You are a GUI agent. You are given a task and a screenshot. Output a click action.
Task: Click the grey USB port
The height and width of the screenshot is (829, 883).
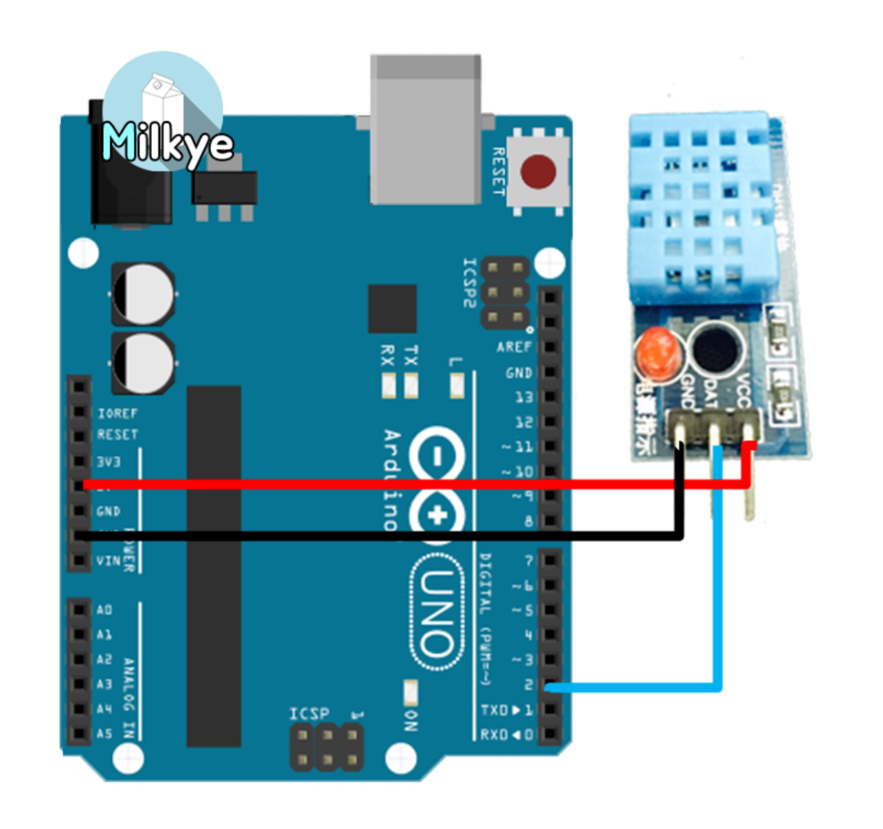click(x=426, y=130)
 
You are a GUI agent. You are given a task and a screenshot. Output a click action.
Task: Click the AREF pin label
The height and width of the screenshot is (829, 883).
click(x=514, y=347)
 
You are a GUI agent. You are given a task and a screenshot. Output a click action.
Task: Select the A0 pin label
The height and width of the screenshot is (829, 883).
click(x=105, y=609)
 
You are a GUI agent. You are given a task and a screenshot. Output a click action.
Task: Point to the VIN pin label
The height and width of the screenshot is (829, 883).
click(x=106, y=561)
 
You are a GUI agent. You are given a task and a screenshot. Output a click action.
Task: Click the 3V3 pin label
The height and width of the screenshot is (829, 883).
click(x=109, y=461)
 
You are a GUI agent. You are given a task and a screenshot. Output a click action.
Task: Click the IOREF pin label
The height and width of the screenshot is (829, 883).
click(x=117, y=412)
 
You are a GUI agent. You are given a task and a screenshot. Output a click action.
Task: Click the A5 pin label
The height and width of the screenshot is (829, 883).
click(x=105, y=734)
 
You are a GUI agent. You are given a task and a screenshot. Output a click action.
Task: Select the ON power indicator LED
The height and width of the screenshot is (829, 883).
click(x=410, y=692)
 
